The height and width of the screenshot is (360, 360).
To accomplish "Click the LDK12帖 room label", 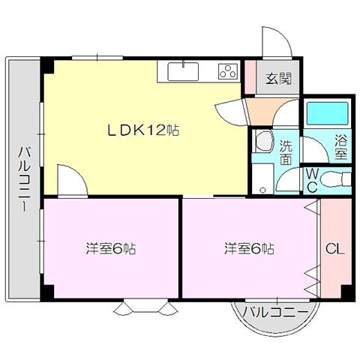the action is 143,130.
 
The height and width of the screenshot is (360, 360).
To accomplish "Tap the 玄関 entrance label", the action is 278,79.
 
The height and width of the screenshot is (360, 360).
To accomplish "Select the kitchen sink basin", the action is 183,71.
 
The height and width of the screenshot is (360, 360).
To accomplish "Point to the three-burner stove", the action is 228,71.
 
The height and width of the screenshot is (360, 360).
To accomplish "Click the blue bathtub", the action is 328,113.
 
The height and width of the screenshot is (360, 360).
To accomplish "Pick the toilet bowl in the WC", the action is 334,179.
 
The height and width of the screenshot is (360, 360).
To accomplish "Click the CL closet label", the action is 335,249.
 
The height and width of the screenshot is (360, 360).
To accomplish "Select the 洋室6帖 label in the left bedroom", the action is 111,249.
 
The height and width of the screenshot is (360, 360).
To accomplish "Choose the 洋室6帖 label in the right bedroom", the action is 249,249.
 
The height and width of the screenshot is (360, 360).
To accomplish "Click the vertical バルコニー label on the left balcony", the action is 24,179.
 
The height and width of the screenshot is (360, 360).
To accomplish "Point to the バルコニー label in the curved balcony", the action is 275,312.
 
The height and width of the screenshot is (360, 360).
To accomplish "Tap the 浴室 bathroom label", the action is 341,147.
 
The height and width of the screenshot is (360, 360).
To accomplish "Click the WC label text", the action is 312,180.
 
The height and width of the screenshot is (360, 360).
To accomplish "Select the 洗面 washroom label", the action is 286,152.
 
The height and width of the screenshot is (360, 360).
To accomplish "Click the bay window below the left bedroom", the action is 145,307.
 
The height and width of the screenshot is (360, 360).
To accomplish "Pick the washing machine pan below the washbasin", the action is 262,178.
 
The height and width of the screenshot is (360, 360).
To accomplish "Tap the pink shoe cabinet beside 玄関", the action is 250,77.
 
